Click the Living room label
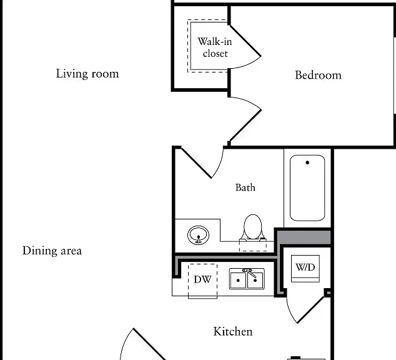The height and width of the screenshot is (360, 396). tap(87, 74)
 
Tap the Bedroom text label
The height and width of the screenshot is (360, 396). tap(318, 75)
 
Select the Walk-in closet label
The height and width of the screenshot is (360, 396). tap(215, 47)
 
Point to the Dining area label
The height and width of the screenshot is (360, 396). tap(52, 251)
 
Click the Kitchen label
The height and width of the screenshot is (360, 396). tap(233, 331)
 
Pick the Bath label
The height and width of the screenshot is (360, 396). tap(245, 187)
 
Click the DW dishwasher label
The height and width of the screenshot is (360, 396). tap(202, 279)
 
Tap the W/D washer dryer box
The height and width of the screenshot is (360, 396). tap(305, 269)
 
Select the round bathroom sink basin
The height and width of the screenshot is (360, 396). tap(198, 235)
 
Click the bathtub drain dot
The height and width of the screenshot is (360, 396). tap(307, 162)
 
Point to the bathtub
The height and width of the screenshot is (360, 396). tap(307, 188)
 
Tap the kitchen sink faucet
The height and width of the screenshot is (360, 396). tap(249, 272)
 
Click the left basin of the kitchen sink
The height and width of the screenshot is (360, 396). tap(238, 280)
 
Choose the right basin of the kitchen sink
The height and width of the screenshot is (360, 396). tap(255, 280)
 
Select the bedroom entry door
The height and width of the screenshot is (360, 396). tap(245, 126)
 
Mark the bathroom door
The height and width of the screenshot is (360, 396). tap(197, 163)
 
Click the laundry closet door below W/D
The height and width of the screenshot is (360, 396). tap(310, 310)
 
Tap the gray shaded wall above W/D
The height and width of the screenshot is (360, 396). tap(304, 237)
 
